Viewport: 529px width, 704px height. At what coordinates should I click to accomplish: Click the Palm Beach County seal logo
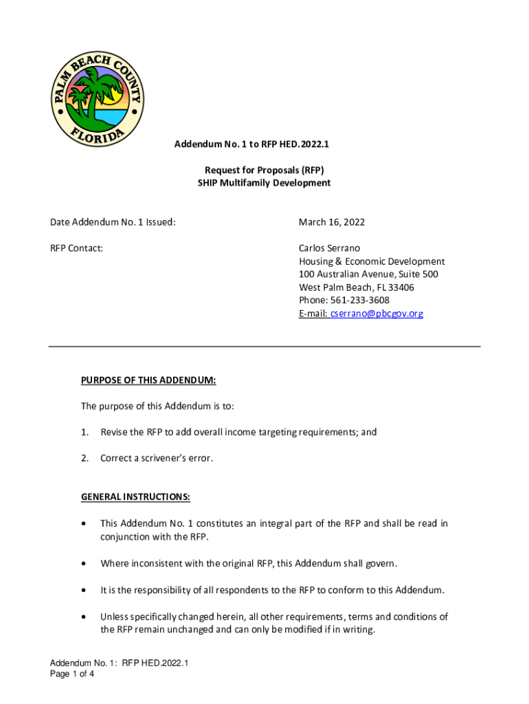(98, 100)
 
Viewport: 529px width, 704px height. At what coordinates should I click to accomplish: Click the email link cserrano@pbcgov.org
(376, 313)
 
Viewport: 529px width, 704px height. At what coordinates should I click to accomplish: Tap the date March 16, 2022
(332, 222)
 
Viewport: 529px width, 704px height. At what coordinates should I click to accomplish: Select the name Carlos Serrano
(329, 248)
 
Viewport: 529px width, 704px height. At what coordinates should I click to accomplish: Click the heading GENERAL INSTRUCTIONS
(135, 497)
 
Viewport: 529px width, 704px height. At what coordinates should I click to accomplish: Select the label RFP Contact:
(76, 248)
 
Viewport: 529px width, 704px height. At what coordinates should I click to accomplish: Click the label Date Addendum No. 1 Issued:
(113, 222)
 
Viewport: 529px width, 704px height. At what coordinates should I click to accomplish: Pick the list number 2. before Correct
(85, 458)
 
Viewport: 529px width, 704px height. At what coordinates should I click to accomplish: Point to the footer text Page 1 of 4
(72, 674)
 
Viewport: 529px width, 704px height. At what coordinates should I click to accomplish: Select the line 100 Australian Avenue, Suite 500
(368, 274)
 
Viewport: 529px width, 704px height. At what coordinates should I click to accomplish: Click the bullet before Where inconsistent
(84, 564)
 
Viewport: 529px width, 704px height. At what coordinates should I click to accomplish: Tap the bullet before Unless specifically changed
(84, 617)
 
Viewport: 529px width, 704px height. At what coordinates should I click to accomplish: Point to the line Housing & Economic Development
(372, 261)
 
